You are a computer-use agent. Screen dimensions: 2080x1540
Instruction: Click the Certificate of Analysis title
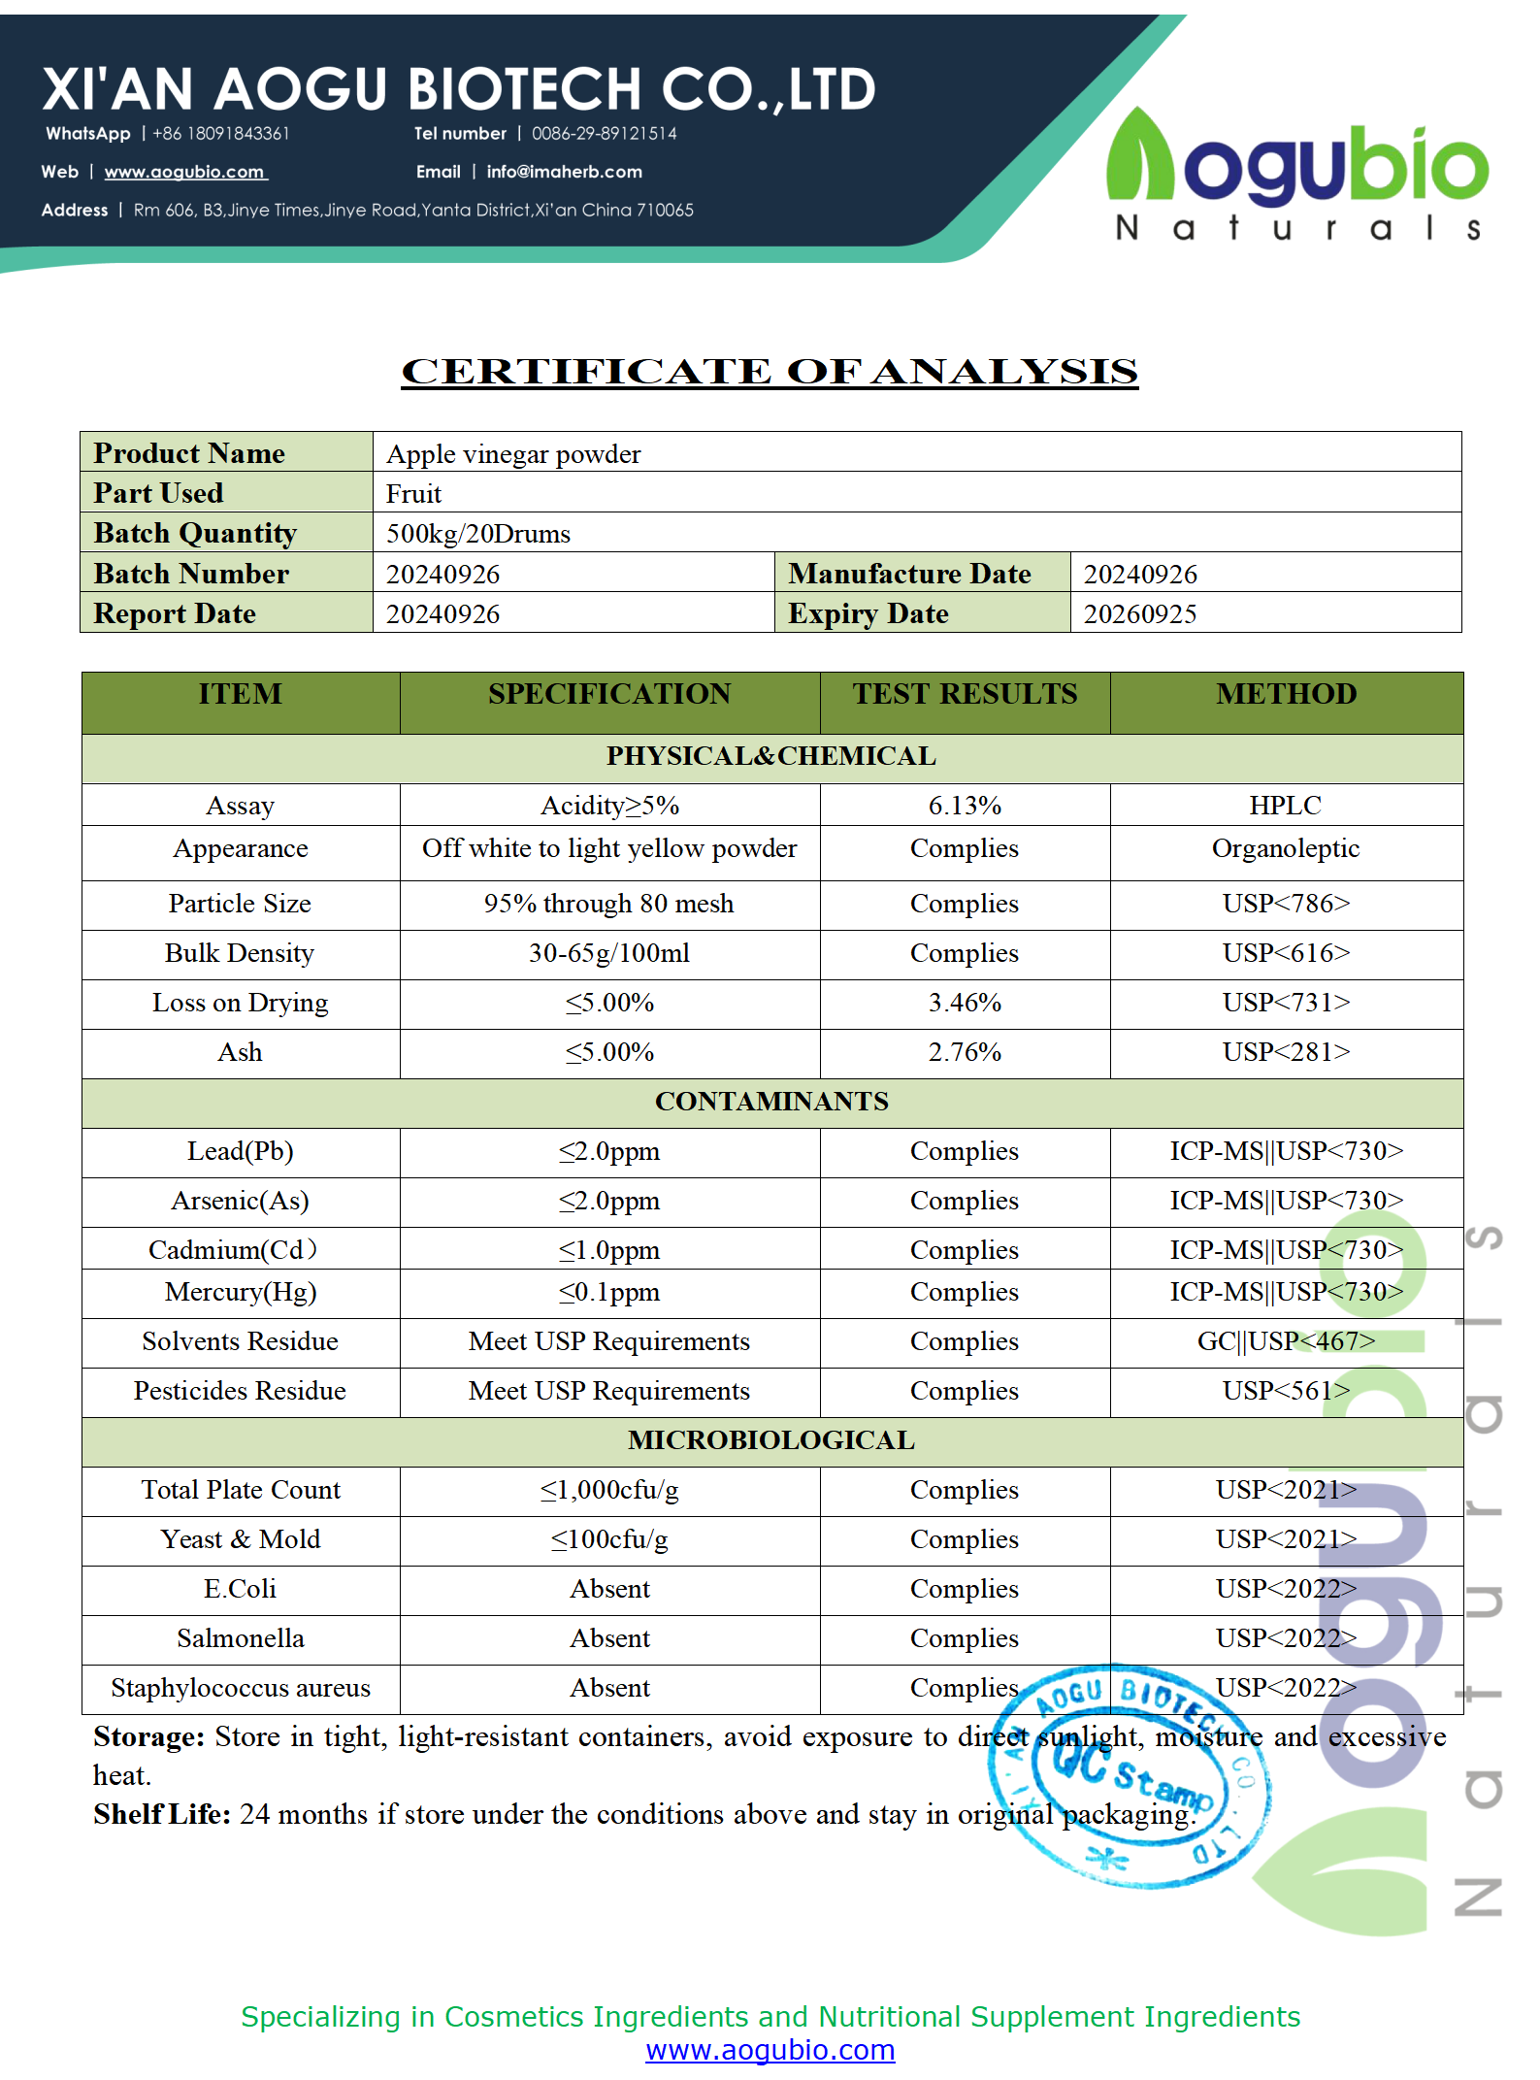[x=770, y=372]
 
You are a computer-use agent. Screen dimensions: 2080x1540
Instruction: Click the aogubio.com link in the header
[x=184, y=172]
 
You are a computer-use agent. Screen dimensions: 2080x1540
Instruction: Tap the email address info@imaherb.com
[x=564, y=172]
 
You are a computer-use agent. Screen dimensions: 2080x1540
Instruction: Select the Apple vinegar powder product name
[x=513, y=454]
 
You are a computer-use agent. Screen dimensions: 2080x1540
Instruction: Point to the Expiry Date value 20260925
[x=1139, y=613]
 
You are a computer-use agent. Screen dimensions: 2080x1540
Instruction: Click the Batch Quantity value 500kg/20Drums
[x=478, y=534]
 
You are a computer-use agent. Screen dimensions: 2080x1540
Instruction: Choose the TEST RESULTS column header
[x=965, y=694]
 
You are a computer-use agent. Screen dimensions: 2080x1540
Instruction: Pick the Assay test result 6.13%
[x=965, y=806]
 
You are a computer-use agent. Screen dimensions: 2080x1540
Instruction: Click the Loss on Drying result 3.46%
[x=965, y=1003]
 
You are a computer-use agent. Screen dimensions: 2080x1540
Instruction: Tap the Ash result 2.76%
[x=965, y=1052]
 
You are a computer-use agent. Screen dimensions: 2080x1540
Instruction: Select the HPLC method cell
[x=1285, y=806]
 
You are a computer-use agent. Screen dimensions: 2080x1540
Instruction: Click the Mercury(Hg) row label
[x=241, y=1292]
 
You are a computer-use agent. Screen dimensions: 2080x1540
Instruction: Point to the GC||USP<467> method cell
[x=1286, y=1341]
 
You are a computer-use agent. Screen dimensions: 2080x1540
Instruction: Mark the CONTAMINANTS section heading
[x=771, y=1102]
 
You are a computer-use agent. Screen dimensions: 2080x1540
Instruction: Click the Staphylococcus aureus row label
[x=241, y=1688]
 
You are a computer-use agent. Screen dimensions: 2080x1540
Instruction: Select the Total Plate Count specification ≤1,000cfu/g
[x=609, y=1490]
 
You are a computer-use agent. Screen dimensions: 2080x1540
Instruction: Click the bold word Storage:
[x=148, y=1736]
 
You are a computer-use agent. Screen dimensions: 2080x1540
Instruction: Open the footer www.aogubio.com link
[x=770, y=2049]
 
